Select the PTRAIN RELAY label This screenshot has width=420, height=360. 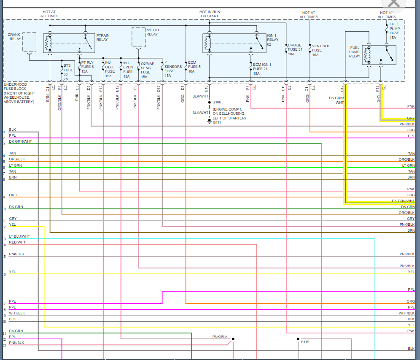pyautogui.click(x=102, y=37)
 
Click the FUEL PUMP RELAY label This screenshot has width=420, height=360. pyautogui.click(x=355, y=52)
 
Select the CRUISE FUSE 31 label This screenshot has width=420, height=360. pyautogui.click(x=295, y=49)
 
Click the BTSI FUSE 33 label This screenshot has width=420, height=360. pyautogui.click(x=68, y=72)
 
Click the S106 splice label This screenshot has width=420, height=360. pyautogui.click(x=217, y=102)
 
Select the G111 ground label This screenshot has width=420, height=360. pyautogui.click(x=217, y=122)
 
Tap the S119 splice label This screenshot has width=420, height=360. pyautogui.click(x=305, y=342)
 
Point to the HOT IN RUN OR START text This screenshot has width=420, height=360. pyautogui.click(x=210, y=14)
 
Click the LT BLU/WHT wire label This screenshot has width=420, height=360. pyautogui.click(x=19, y=236)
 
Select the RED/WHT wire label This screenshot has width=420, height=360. pyautogui.click(x=17, y=242)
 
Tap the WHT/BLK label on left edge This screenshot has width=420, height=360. pyautogui.click(x=17, y=313)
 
